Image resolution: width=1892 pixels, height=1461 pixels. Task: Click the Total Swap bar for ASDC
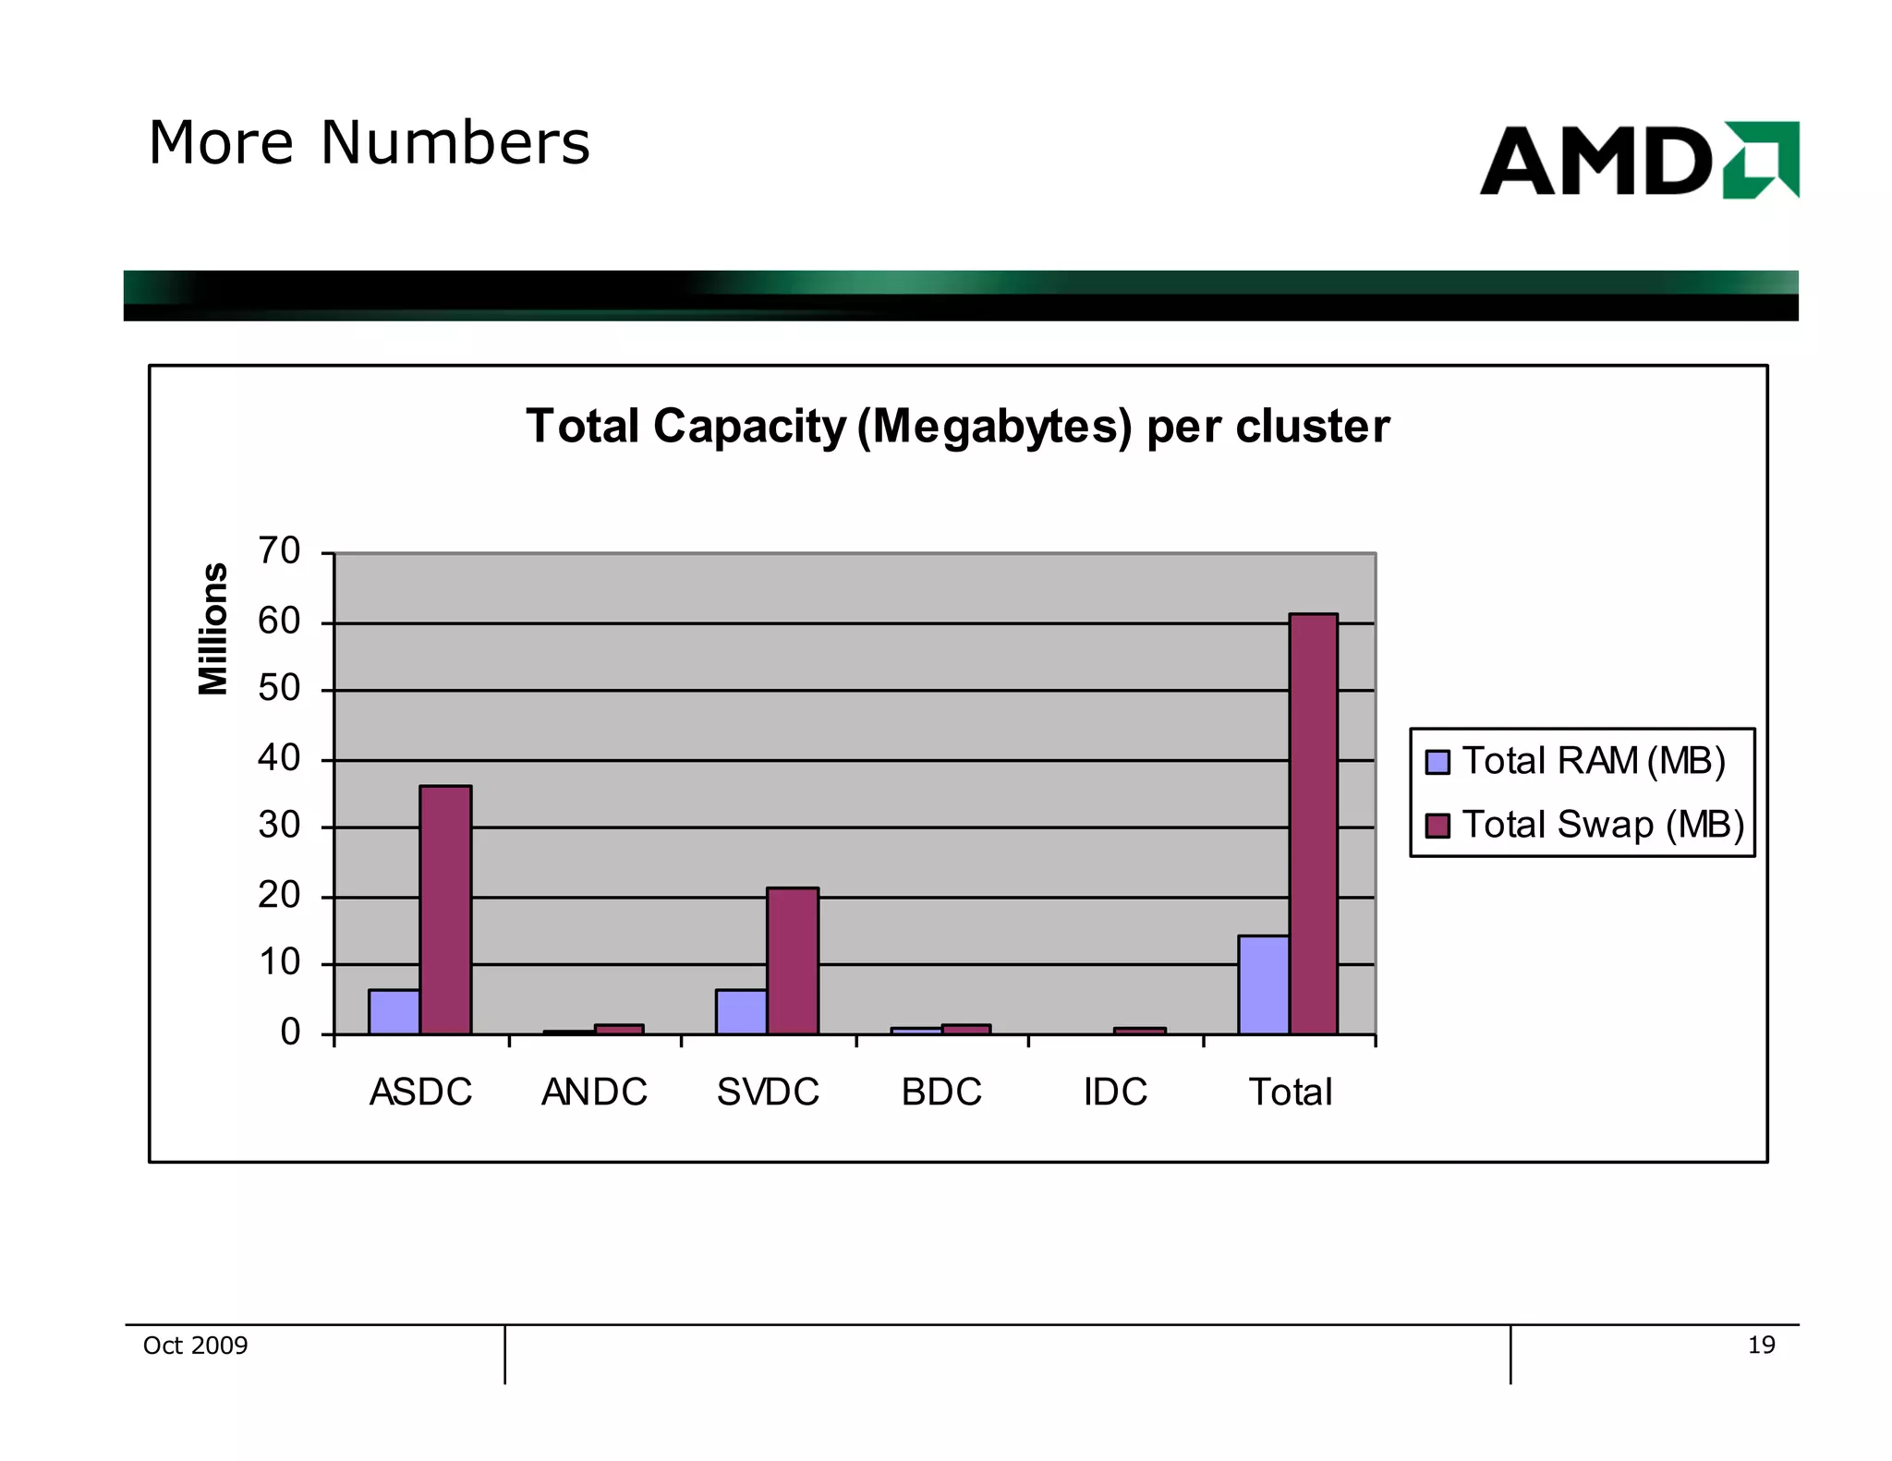(445, 910)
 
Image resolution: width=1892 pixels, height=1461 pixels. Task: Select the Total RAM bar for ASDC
(394, 1012)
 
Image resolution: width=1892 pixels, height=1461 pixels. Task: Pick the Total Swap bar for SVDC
(792, 960)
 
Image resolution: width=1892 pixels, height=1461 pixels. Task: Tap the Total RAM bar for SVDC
(741, 1012)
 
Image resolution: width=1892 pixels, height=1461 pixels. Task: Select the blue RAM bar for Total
(1263, 985)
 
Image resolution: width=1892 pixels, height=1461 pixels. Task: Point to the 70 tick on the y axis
(279, 551)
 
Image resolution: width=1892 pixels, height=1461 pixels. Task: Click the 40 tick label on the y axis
(279, 758)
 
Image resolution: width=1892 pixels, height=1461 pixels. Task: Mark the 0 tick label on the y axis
(290, 1032)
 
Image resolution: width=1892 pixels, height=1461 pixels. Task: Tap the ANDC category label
(594, 1093)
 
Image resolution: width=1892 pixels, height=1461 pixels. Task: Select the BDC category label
(941, 1093)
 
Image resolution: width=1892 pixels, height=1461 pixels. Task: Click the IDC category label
(1115, 1093)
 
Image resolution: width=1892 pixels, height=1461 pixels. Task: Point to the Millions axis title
(213, 628)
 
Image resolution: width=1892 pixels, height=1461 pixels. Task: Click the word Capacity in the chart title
(749, 427)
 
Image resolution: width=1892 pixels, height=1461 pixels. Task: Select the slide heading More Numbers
(369, 143)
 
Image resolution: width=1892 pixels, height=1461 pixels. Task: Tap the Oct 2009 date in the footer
(195, 1346)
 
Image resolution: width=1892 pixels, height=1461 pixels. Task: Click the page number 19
(1761, 1346)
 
